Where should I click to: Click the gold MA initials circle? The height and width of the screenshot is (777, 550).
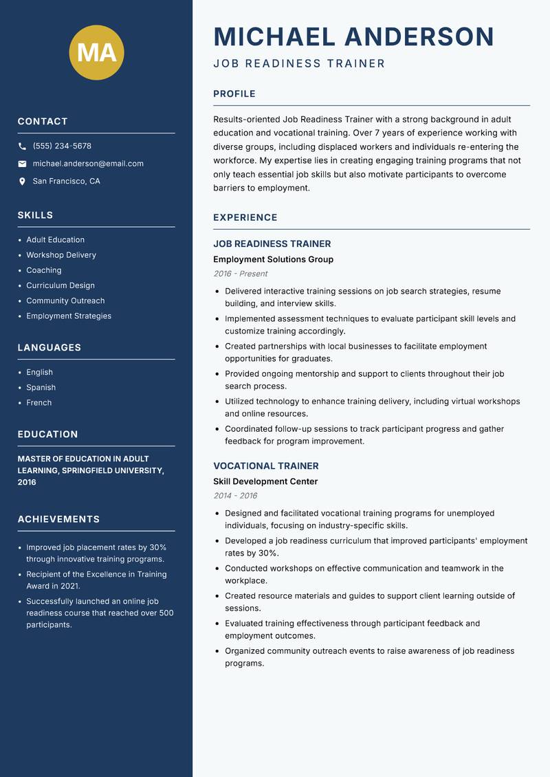96,52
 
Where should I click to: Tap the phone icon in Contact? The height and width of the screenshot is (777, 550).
22,146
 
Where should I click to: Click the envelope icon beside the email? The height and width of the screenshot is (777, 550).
22,164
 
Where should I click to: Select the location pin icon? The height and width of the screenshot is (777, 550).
22,182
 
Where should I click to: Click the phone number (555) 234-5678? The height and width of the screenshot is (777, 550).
62,146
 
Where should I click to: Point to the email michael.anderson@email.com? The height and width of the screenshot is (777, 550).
88,164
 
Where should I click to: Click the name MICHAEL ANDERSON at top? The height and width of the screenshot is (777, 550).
353,36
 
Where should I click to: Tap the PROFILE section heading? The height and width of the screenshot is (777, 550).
234,94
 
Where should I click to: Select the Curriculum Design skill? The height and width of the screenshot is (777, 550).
60,285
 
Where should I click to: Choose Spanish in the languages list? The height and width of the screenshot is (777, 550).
41,388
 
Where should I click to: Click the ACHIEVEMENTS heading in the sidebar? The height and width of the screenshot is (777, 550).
58,519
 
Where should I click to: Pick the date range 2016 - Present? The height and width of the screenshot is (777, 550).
240,274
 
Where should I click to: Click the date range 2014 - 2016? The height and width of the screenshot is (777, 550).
234,496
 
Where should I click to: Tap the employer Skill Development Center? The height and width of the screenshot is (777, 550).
265,481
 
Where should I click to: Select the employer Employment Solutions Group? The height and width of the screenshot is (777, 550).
273,259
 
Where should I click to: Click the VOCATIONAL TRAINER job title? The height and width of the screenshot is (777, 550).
265,466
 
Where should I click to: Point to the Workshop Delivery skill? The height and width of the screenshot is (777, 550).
61,255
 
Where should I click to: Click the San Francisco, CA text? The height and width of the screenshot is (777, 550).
66,182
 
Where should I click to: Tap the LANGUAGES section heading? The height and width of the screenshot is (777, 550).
49,348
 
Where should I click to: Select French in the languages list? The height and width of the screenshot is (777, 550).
38,403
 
